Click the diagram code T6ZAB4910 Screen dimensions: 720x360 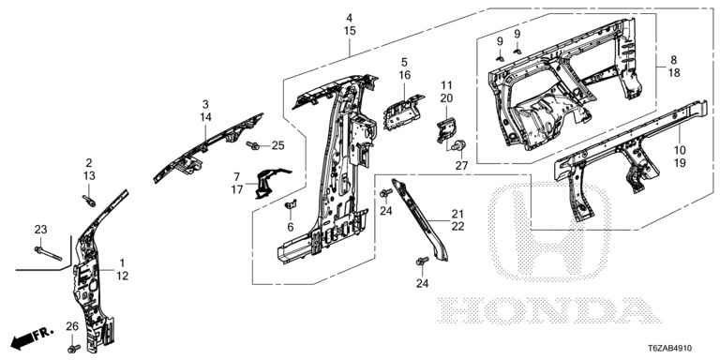tap(670, 349)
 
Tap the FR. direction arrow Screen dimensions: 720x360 tap(32, 337)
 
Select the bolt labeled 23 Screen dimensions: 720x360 tap(48, 253)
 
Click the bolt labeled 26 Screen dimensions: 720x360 tap(73, 348)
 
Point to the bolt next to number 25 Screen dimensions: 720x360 tap(253, 145)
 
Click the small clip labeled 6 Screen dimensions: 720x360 tap(291, 204)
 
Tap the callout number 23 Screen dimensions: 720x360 tap(41, 229)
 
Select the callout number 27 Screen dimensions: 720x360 tap(461, 166)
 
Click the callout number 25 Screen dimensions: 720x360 tap(277, 145)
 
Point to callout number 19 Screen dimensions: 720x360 tap(680, 162)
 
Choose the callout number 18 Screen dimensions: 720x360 tap(673, 72)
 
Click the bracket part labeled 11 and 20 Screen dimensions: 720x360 tap(446, 129)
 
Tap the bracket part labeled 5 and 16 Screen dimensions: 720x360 tap(402, 112)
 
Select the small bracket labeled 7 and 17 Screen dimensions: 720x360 tap(269, 182)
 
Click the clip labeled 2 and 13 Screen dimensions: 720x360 tap(90, 201)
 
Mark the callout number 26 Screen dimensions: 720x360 tap(72, 326)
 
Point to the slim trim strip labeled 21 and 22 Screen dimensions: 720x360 tap(419, 219)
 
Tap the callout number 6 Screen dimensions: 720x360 tap(291, 227)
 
